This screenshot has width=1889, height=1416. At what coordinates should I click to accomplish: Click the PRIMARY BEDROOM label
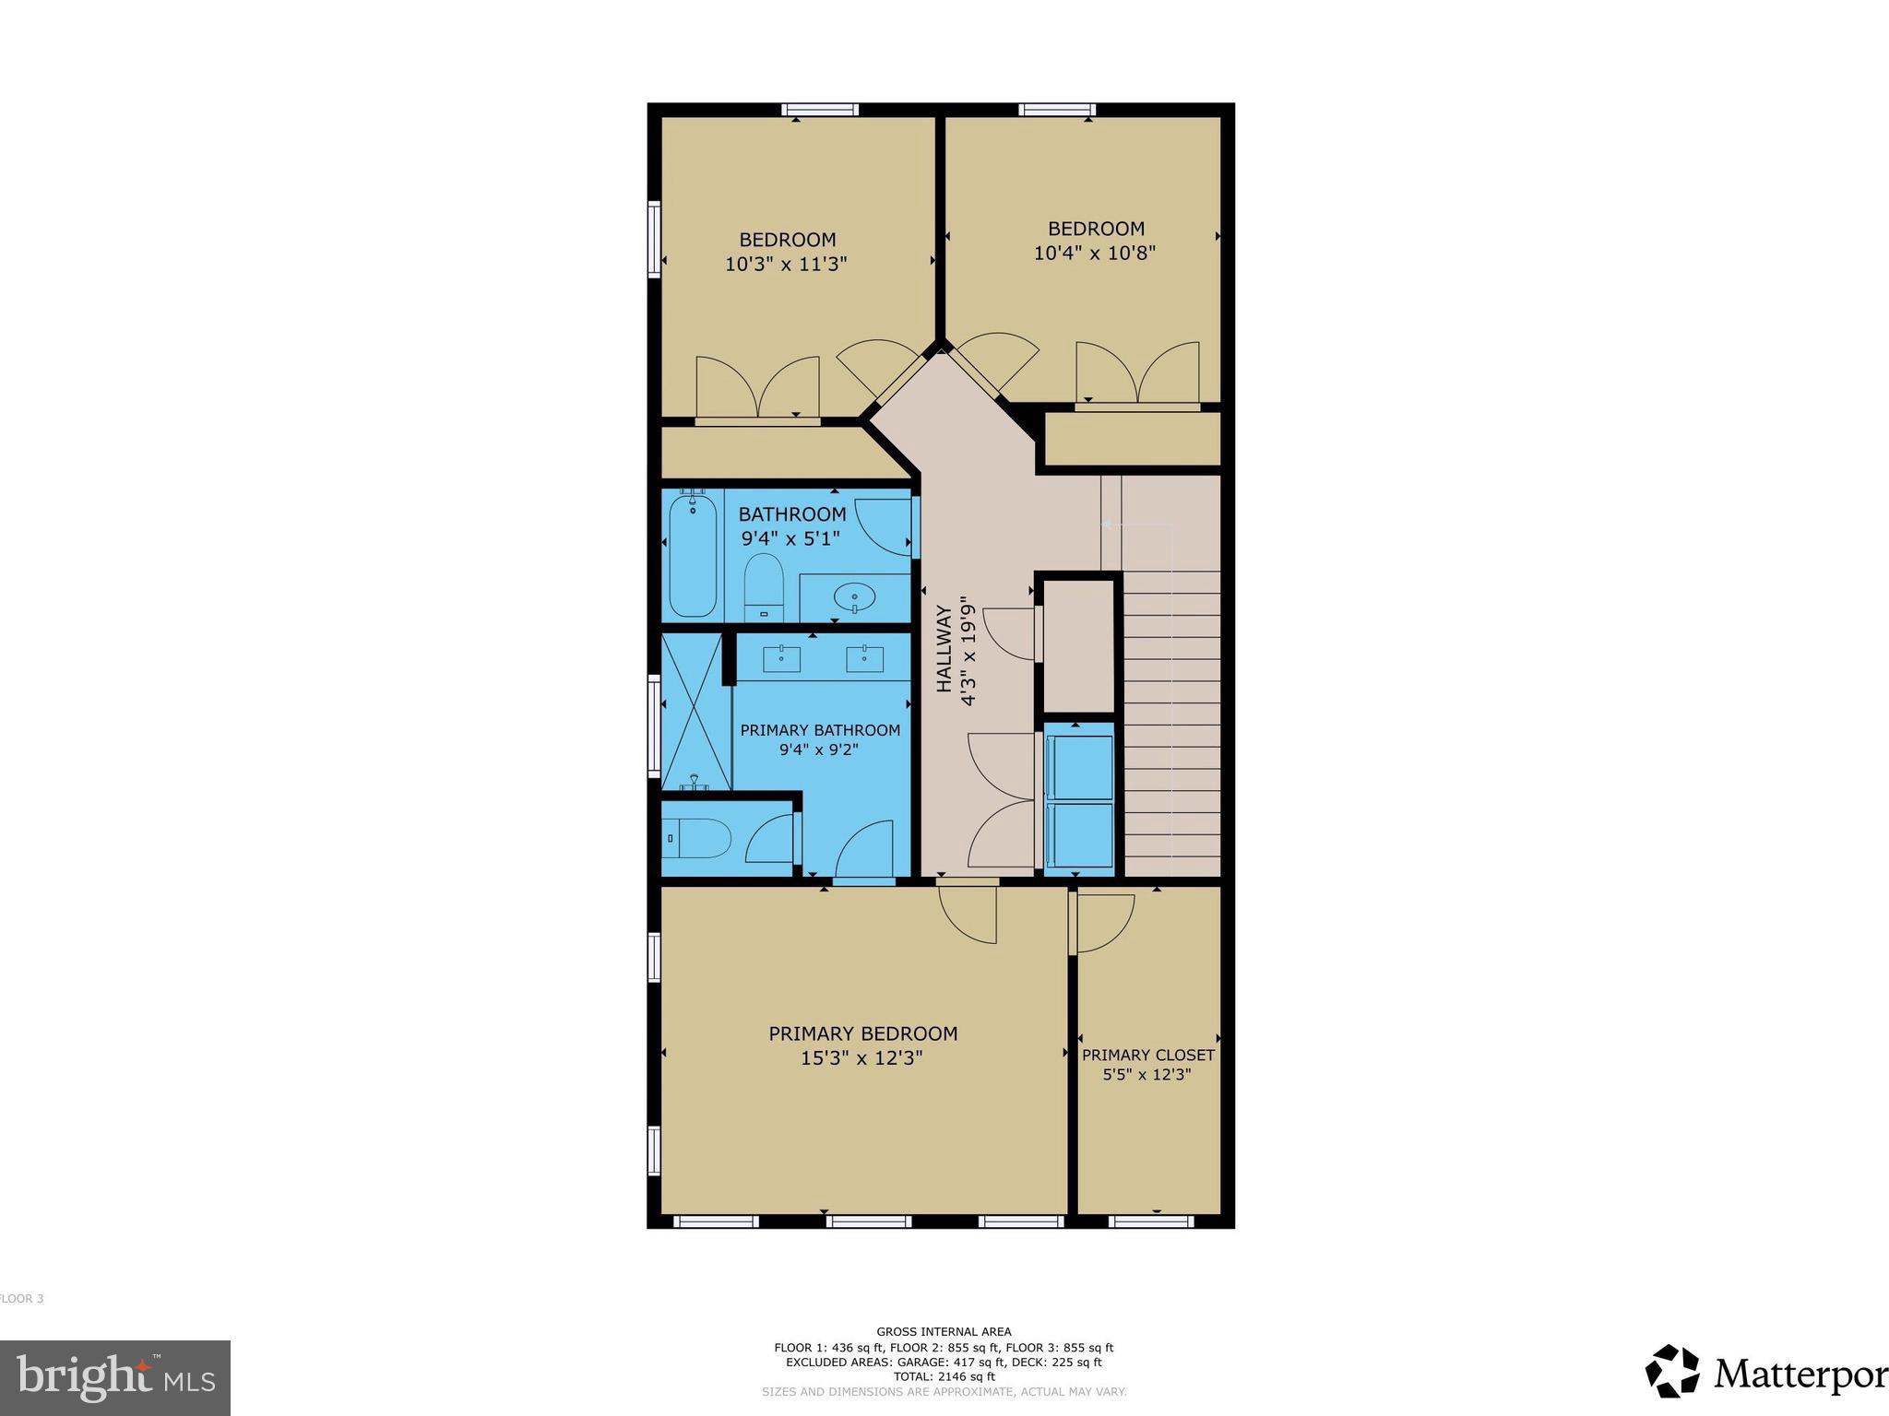point(862,1033)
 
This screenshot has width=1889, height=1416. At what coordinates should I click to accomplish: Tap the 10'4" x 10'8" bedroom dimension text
point(1094,253)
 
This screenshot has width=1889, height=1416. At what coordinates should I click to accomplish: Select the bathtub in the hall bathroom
point(693,556)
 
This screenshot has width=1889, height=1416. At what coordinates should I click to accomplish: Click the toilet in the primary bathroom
point(698,839)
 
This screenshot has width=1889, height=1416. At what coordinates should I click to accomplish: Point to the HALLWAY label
point(944,648)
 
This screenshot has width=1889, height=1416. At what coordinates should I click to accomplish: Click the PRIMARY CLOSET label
point(1147,1055)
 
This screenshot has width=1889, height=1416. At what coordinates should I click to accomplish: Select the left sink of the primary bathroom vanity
point(782,658)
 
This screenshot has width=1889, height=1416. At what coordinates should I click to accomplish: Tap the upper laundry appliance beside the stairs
point(1078,767)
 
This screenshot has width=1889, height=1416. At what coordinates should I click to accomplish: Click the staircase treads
point(1171,719)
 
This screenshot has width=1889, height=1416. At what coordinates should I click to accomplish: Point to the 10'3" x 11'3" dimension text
point(786,264)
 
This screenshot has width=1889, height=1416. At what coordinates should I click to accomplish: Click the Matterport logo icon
point(1671,1371)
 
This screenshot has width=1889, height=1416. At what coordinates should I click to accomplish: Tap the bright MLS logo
point(115,1377)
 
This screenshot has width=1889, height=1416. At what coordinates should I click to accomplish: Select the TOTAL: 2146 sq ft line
point(944,1376)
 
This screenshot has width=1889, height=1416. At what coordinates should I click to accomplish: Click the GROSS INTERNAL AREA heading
point(944,1331)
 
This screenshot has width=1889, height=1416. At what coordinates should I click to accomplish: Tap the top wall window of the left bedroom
point(820,110)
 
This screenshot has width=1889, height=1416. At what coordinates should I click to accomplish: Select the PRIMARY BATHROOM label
point(820,730)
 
